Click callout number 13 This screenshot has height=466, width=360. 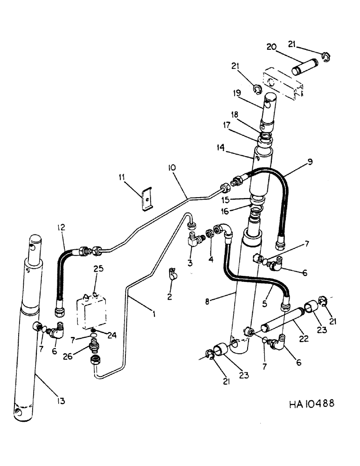[62, 401]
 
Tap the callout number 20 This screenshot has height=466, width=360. [271, 47]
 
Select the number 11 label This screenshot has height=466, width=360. [122, 177]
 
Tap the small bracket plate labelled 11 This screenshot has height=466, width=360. [146, 198]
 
